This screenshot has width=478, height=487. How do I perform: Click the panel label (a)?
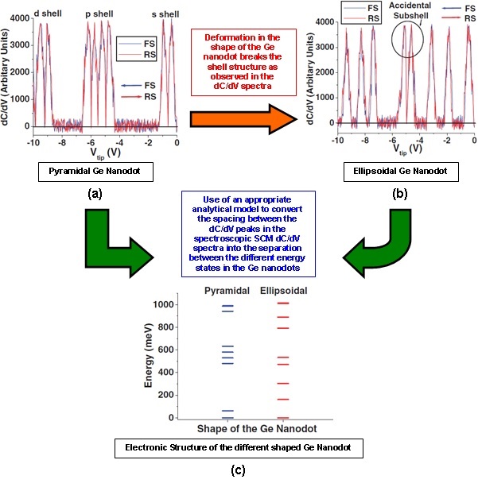(95, 192)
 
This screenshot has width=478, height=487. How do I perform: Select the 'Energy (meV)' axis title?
(150, 361)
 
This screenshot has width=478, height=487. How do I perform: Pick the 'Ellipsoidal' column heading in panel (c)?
(283, 291)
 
